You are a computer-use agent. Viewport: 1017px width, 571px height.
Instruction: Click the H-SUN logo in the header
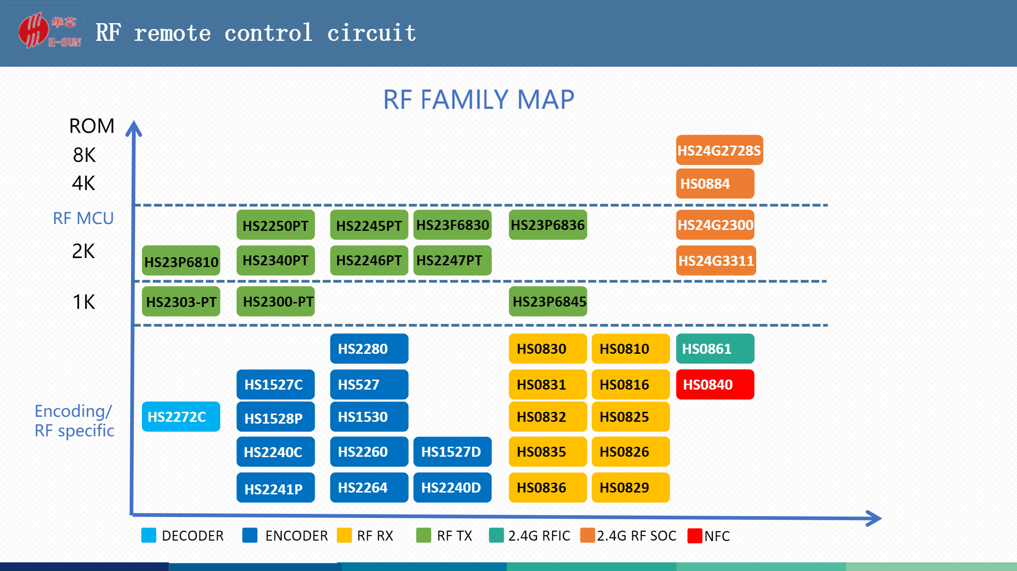point(50,30)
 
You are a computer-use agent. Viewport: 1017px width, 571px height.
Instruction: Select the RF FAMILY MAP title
point(479,99)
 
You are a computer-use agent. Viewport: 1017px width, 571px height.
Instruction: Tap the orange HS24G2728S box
point(719,150)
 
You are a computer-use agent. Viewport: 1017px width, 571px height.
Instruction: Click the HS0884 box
point(715,184)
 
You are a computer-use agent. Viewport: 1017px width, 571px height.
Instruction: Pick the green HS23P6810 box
point(181,261)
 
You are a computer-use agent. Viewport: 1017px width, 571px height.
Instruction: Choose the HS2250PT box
point(276,225)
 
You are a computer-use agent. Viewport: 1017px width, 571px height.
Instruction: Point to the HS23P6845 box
point(548,301)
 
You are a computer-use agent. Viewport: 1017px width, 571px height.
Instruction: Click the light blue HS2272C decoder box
point(181,416)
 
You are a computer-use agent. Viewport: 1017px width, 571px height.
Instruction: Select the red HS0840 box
point(715,385)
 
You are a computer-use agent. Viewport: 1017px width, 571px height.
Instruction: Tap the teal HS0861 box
point(715,349)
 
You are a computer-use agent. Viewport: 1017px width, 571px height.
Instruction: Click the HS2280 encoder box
point(369,349)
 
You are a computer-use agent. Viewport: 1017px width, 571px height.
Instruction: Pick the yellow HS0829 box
point(631,488)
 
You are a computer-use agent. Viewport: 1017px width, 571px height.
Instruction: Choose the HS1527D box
point(453,452)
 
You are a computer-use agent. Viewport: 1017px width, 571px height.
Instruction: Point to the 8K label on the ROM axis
point(84,155)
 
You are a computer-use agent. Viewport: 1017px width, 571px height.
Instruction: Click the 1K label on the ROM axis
point(84,302)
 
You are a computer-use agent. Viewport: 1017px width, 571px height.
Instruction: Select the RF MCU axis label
point(83,218)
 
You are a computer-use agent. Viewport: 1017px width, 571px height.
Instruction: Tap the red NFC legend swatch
point(695,536)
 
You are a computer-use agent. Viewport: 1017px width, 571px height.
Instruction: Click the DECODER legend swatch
point(149,535)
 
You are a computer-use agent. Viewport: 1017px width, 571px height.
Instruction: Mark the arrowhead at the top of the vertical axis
point(134,128)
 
